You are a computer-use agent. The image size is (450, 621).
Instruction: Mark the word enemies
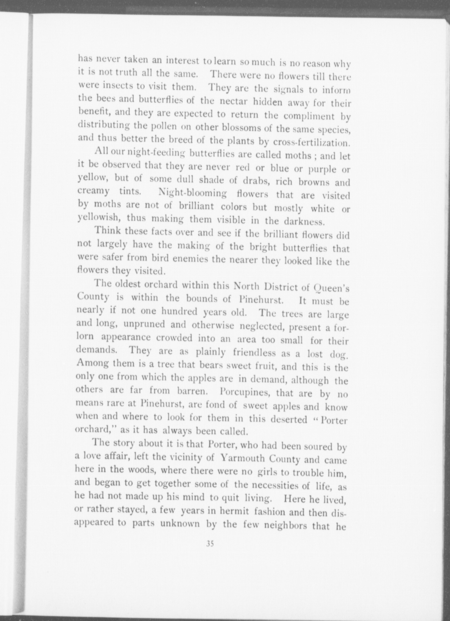[x=190, y=259]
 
